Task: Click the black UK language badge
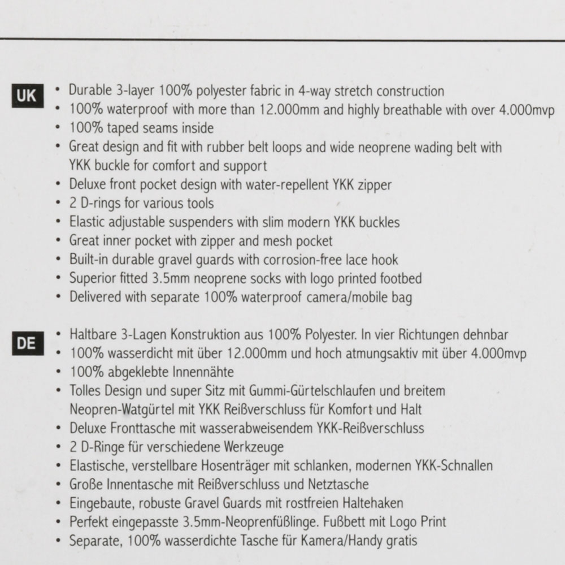click(26, 96)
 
